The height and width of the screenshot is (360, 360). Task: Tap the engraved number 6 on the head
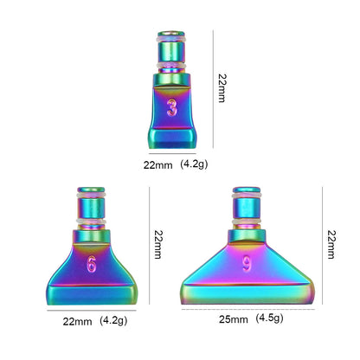(91, 265)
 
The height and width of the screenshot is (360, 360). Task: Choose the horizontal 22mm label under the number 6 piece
(77, 320)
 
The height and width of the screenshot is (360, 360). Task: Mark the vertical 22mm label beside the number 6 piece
(157, 245)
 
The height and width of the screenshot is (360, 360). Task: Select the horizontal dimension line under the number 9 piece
(246, 308)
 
